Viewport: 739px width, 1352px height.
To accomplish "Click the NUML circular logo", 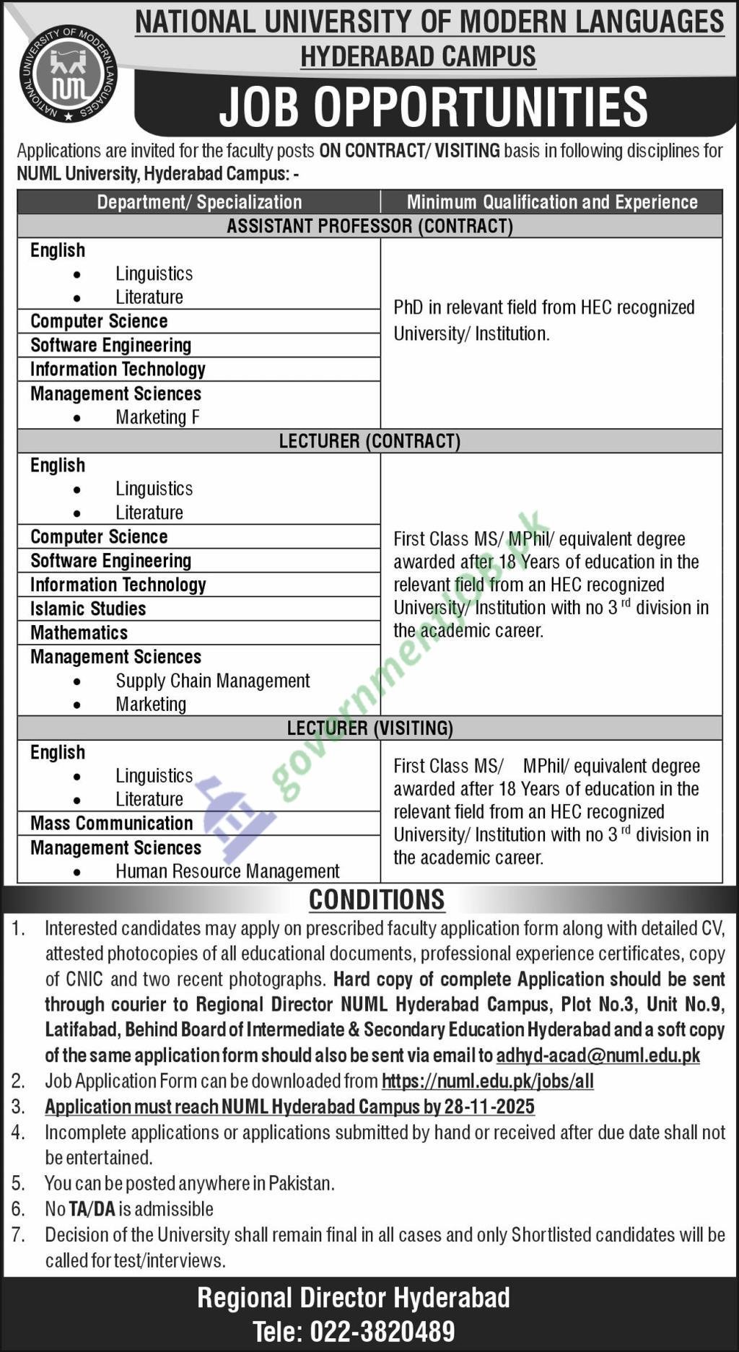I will coord(69,73).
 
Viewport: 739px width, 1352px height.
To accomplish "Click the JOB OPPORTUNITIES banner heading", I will coord(433,108).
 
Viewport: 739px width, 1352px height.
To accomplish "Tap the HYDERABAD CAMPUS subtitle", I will coord(418,56).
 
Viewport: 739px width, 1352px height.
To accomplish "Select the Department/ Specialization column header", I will coord(199,202).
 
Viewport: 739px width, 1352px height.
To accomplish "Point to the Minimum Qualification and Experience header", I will coord(552,202).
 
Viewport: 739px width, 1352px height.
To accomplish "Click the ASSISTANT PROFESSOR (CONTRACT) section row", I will coord(369,226).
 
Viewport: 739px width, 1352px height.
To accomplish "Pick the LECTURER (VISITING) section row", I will coord(369,728).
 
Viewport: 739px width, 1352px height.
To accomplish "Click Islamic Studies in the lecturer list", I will coord(88,609).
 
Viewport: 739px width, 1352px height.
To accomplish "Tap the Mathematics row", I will coord(79,632).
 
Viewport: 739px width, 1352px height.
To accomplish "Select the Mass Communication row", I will coord(112,823).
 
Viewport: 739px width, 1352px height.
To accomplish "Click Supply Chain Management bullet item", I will coord(213,681).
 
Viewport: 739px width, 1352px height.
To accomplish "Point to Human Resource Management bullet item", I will coord(227,871).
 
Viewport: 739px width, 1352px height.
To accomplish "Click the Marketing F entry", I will coord(157,417).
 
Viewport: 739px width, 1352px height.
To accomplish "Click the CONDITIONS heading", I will coord(377,899).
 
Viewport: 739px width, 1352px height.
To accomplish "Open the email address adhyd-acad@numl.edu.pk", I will coord(598,1055).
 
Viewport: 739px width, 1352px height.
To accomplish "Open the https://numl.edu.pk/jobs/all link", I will coord(487,1081).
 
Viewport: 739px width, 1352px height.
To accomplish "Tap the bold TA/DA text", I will coord(92,1209).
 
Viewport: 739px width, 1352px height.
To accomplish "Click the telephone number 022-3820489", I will coord(382,1331).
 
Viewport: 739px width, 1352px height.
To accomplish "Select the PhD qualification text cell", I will coord(543,320).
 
